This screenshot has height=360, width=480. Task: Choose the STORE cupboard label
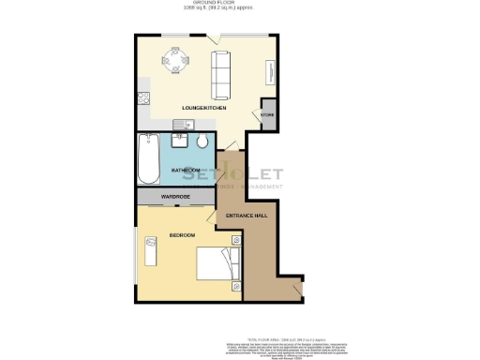tap(267, 115)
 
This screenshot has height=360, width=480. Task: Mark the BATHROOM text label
tap(185, 170)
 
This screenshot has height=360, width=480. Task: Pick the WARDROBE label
tap(176, 197)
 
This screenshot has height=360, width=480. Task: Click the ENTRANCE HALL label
tap(247, 216)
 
